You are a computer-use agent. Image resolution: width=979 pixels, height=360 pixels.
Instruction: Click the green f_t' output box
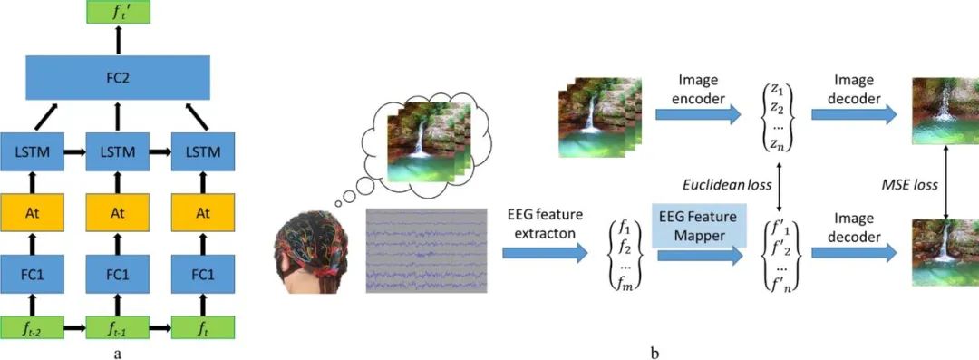(x=117, y=13)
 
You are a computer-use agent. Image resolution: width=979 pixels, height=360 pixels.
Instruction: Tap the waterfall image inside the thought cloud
(x=418, y=145)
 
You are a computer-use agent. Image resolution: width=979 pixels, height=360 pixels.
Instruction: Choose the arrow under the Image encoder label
(x=698, y=116)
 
